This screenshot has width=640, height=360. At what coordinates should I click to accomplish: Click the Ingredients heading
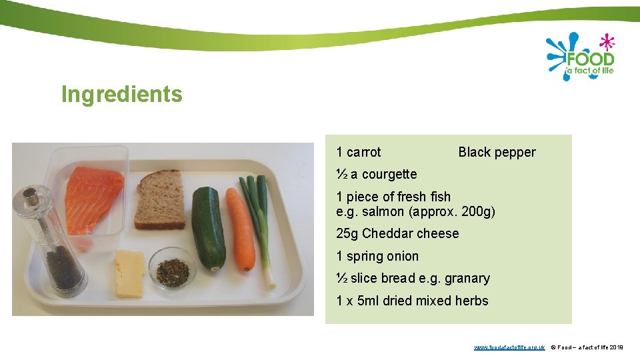click(121, 95)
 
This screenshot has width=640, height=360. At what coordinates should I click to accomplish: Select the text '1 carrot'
click(359, 152)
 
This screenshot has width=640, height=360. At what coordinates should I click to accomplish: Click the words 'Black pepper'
click(497, 152)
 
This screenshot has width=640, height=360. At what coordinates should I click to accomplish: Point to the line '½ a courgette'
click(377, 174)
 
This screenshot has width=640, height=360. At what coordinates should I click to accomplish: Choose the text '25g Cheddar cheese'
click(397, 233)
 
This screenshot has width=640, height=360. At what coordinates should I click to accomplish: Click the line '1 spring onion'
click(377, 256)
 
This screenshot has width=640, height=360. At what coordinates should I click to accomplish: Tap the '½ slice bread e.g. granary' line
click(413, 278)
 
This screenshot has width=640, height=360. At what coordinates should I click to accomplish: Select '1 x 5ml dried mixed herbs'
click(412, 301)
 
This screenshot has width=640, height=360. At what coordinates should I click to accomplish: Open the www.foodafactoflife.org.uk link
click(509, 347)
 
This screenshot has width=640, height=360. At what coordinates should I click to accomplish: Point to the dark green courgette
click(208, 227)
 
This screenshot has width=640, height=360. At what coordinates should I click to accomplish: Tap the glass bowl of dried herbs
click(172, 268)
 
